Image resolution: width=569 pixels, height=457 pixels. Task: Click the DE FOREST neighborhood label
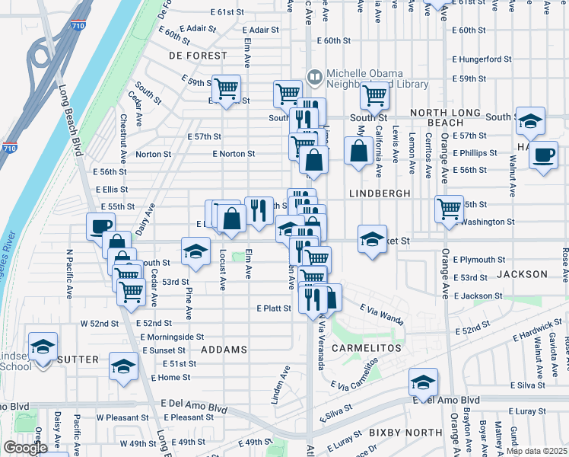click(198, 56)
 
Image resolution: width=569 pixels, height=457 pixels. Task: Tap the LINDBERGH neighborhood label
click(380, 194)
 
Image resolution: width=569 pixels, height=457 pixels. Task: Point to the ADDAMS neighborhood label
click(224, 350)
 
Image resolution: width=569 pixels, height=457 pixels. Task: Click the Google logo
click(25, 448)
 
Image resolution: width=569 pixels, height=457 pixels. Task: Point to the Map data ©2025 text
click(536, 451)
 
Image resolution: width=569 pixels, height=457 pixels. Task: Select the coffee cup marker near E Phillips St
click(543, 155)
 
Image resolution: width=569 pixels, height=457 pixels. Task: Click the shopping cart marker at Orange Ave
click(450, 207)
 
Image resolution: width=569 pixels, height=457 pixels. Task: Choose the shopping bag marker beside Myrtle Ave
click(358, 151)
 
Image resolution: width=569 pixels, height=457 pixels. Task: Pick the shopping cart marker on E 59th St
click(226, 88)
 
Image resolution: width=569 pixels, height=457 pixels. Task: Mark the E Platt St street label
click(274, 308)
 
